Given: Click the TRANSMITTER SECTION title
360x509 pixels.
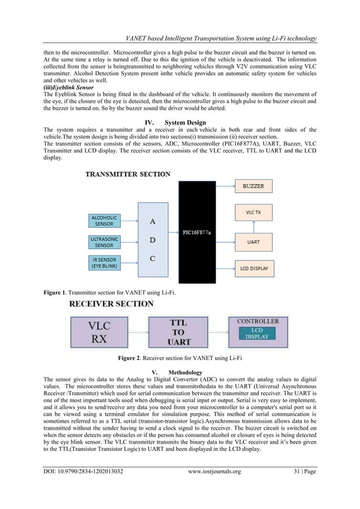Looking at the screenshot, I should (128, 175).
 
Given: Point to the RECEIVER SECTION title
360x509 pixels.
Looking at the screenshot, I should (111, 304).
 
